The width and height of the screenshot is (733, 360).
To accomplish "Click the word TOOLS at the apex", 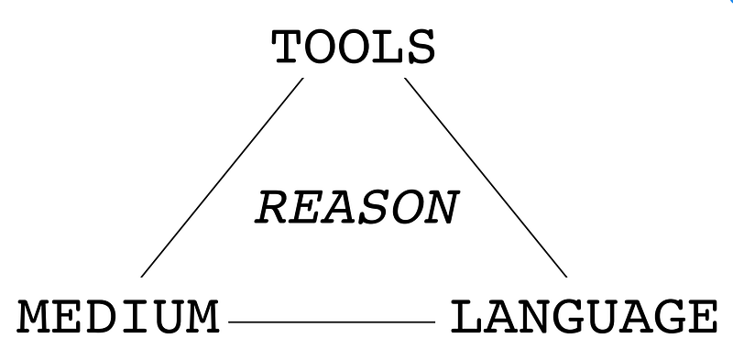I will (353, 48).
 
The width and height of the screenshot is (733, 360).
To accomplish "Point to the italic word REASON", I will (356, 208).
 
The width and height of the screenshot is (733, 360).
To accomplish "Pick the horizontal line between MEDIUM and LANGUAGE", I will (331, 322).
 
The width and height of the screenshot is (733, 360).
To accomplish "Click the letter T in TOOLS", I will (288, 48).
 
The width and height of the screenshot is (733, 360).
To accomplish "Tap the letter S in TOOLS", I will (419, 48).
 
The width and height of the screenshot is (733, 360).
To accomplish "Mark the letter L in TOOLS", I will (387, 48).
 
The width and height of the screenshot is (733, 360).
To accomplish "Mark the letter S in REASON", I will (373, 208).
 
